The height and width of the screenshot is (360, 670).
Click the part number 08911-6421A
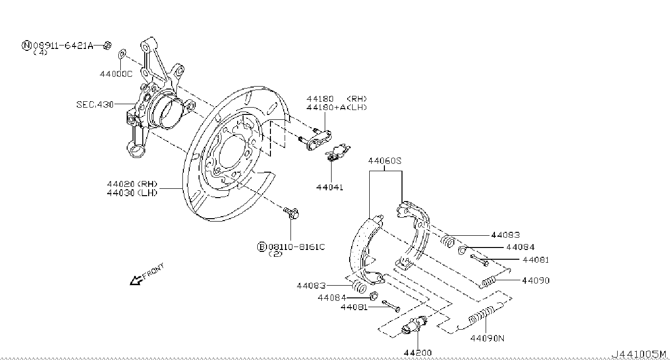point(63,46)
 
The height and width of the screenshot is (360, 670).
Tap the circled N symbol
point(26,45)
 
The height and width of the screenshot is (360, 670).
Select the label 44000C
point(116,74)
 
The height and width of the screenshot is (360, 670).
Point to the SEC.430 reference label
point(95,105)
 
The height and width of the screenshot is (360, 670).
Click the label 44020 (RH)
point(132,184)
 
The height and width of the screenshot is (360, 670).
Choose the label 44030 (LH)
point(132,193)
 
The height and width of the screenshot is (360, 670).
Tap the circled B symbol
point(262,247)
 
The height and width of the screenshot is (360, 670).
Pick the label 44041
point(330,187)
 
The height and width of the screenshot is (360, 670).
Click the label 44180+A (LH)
point(336,107)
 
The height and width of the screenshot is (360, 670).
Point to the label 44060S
point(384,161)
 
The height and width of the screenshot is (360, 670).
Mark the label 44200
point(418,353)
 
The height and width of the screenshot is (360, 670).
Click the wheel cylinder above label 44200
point(414,325)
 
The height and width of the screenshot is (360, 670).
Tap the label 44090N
point(487,338)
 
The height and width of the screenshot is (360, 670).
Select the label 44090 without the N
point(536,281)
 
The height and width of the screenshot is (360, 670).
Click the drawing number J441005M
point(639,354)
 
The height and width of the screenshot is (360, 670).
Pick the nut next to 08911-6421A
point(108,46)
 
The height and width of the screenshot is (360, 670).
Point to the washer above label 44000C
point(122,54)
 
